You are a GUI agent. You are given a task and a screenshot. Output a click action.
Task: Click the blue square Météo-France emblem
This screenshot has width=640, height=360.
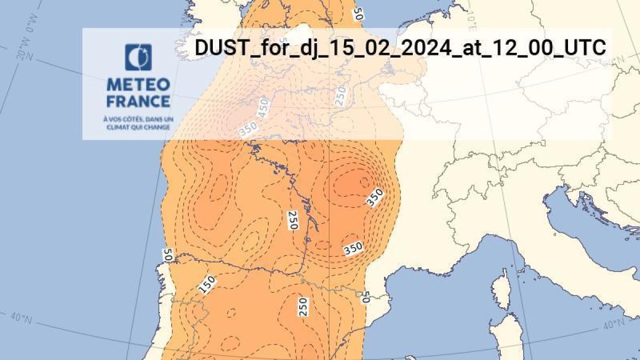coord(138,58)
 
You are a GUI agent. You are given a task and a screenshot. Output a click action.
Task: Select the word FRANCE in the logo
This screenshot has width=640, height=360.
coord(138,101)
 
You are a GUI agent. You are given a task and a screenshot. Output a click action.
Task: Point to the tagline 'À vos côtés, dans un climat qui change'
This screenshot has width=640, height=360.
coord(138,124)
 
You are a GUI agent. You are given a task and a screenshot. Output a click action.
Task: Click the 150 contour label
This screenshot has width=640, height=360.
coord(207,285)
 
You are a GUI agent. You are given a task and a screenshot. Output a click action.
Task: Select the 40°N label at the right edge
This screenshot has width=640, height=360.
coord(614,323)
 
